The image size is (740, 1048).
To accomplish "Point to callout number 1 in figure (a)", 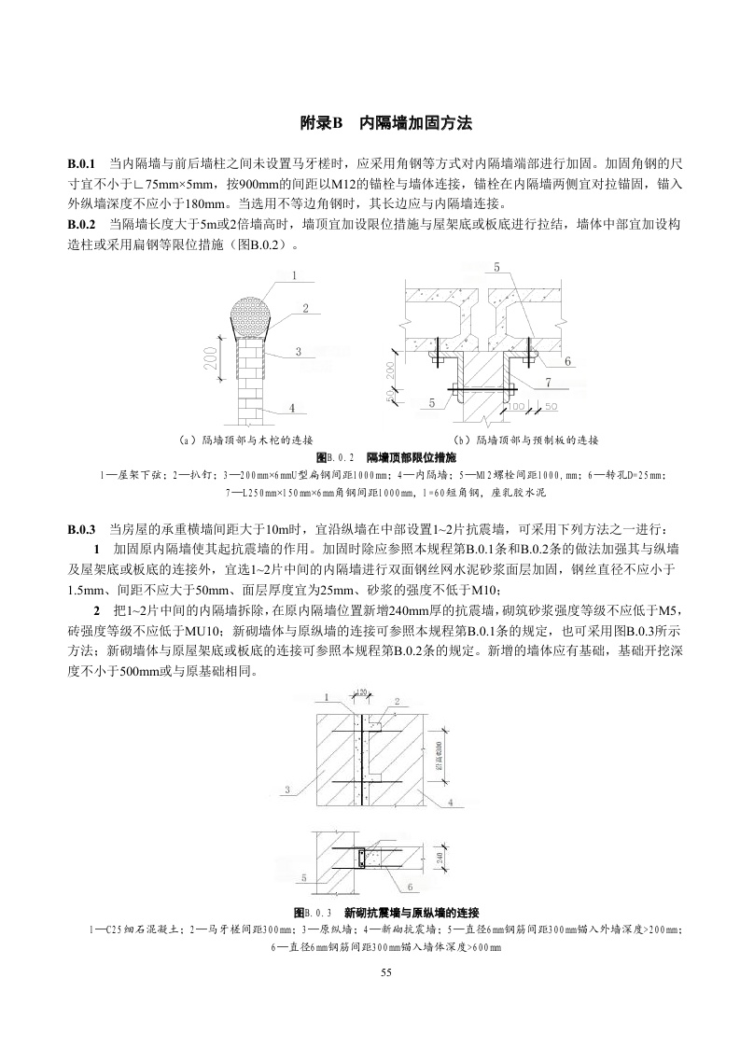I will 295,275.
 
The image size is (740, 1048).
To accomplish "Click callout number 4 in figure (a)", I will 292,408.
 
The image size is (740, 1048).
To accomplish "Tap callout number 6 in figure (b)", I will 567,360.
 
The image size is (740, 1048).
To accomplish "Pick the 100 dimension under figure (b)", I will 517,407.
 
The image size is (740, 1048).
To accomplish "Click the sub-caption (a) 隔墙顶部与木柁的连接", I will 245,440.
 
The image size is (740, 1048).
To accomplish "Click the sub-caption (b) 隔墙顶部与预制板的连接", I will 525,440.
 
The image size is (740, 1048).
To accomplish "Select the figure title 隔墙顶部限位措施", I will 412,457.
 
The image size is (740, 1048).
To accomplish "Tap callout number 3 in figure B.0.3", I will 288,789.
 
